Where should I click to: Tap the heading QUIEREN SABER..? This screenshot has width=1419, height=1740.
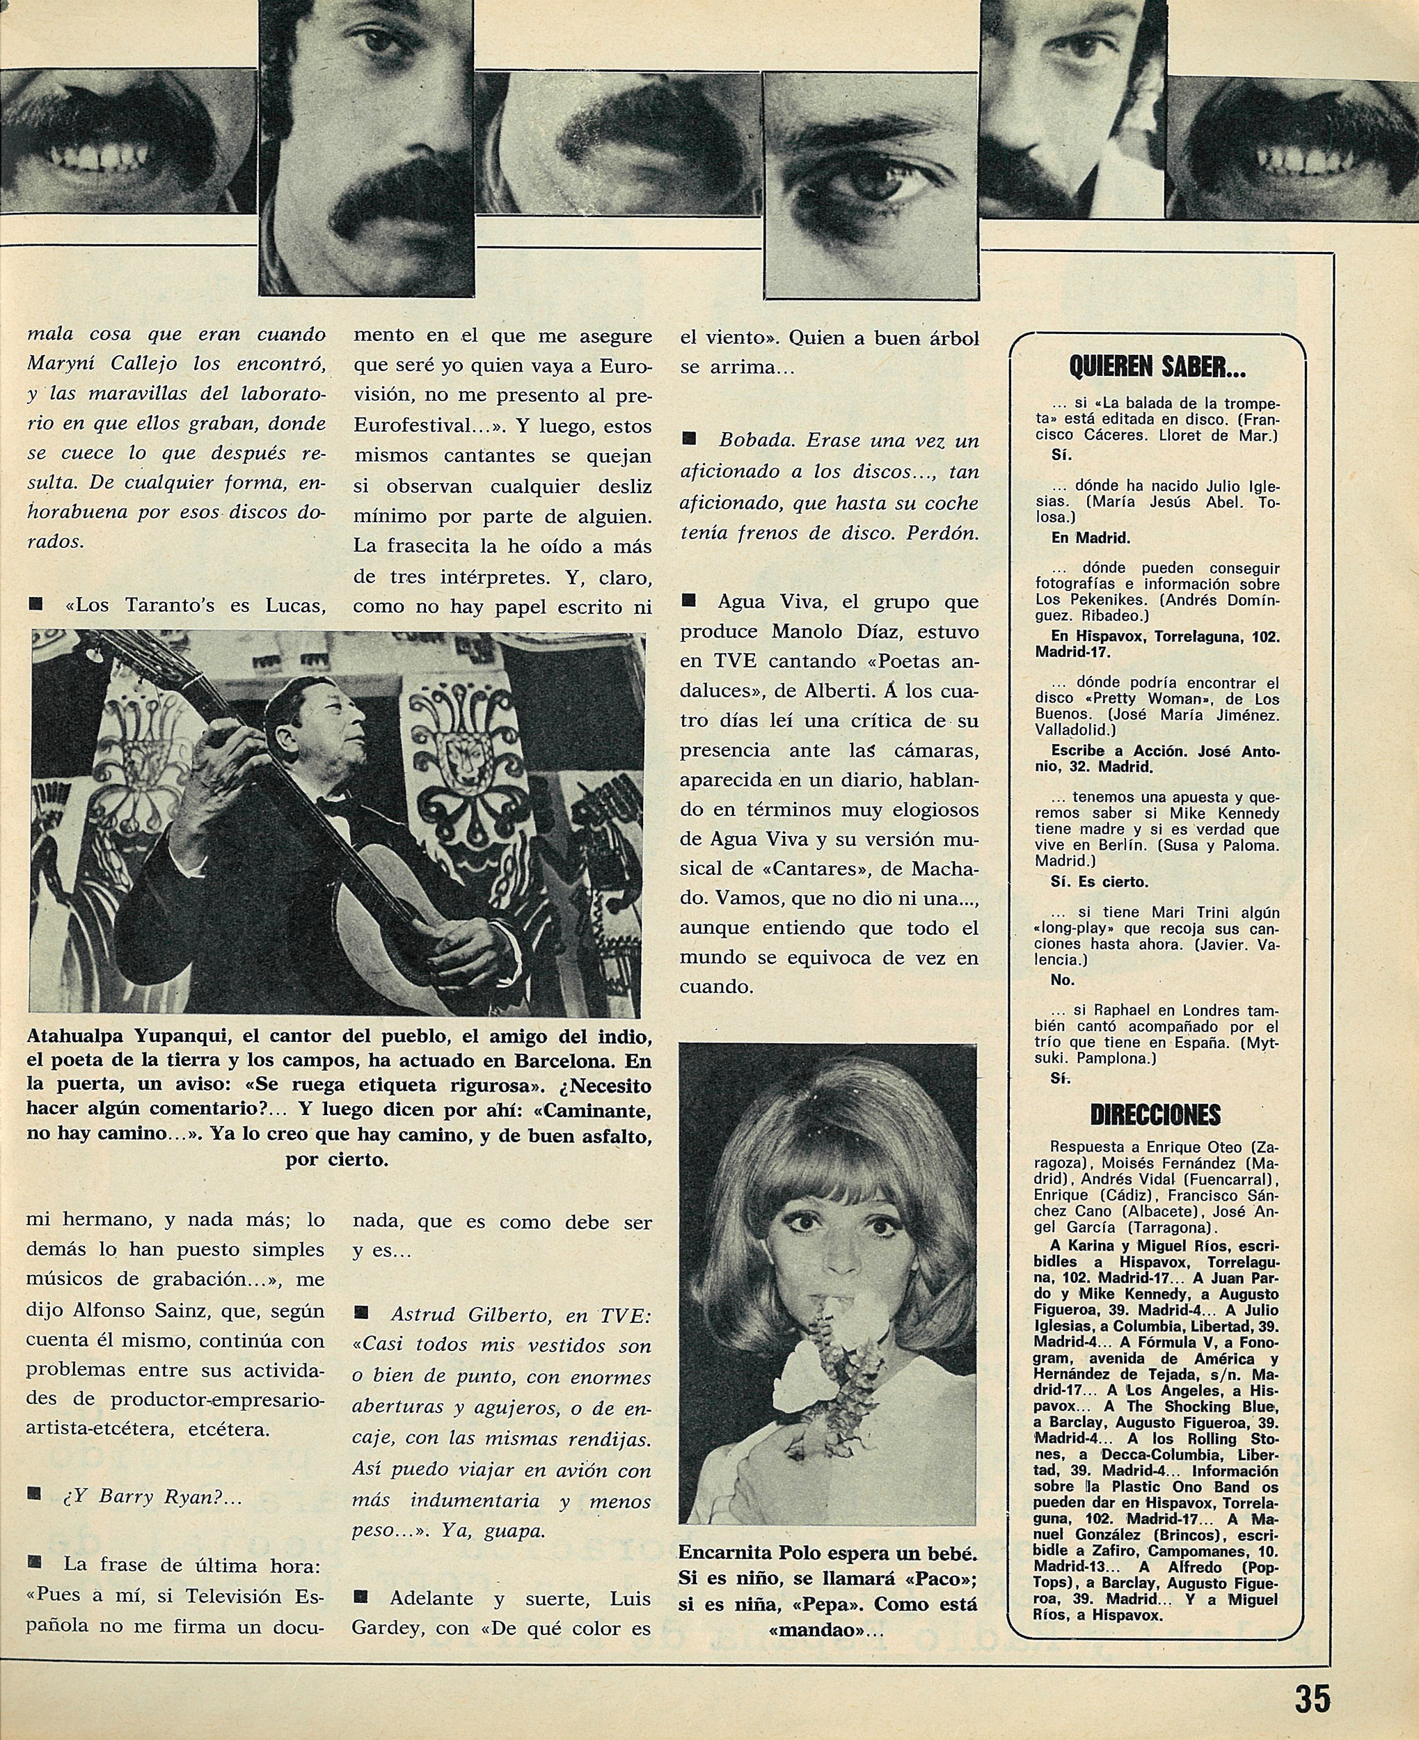click(1157, 369)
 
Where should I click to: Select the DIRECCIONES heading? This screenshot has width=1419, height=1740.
click(1157, 1115)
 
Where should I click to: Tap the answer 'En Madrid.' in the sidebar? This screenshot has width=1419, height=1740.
click(1090, 539)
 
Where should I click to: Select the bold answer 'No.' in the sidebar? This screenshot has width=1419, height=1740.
click(1063, 980)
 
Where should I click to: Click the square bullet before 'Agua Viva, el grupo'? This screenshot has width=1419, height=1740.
click(688, 601)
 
